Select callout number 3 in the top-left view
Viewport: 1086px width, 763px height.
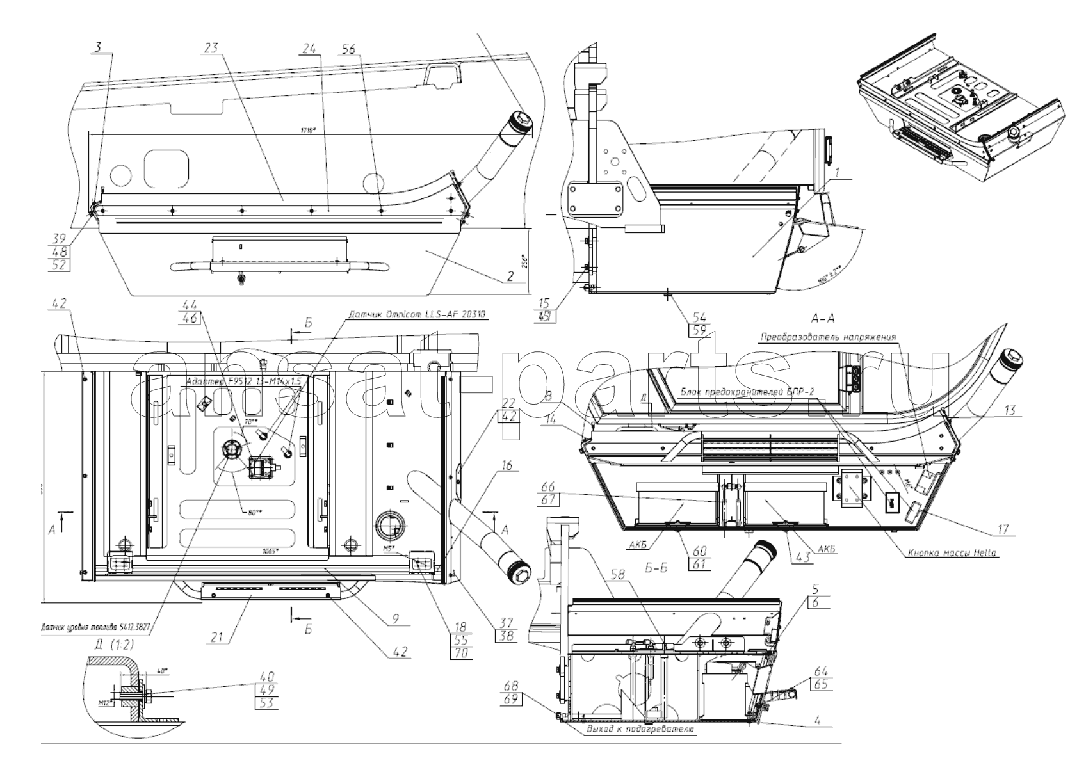(x=98, y=47)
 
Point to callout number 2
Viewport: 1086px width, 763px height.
(x=510, y=277)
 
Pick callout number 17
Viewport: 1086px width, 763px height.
(x=1003, y=529)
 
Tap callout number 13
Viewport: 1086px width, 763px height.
(x=1009, y=410)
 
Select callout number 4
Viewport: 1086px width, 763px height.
(x=818, y=719)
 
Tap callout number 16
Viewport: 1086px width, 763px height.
(x=507, y=466)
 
